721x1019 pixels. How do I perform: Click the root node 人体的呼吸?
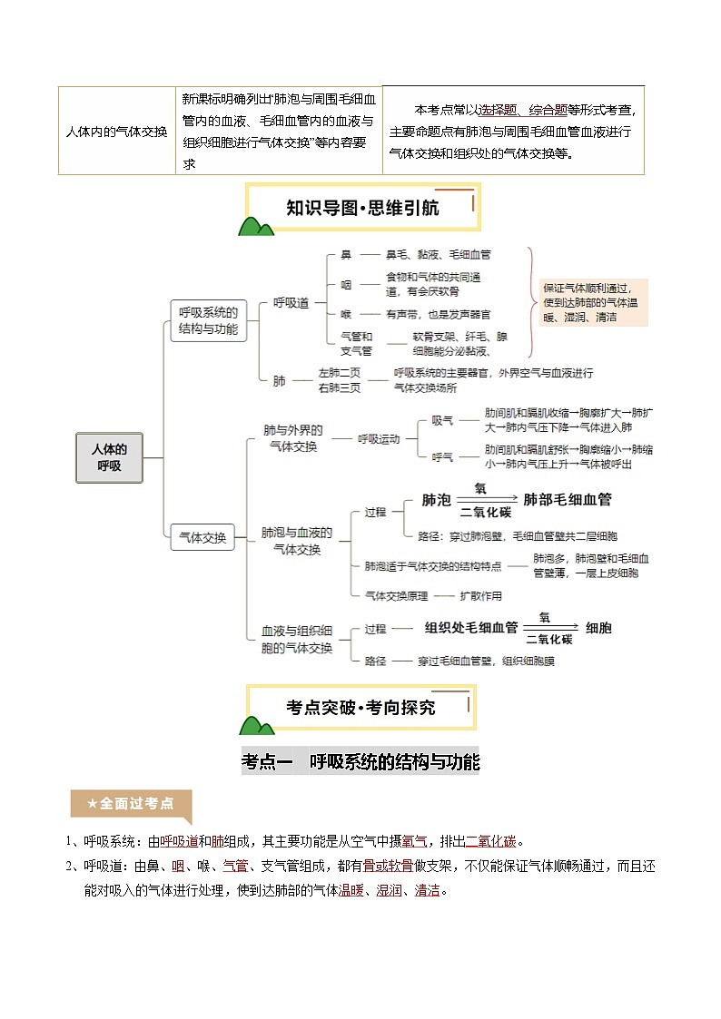(108, 456)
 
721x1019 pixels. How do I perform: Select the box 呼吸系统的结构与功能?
(208, 321)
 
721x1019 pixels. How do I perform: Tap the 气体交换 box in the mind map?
(202, 536)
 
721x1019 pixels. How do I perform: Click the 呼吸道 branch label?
(291, 303)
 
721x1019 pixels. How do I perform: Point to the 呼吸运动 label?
(378, 439)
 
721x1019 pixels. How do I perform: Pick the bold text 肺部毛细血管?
(568, 499)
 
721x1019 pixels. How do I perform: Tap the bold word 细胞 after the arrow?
(598, 627)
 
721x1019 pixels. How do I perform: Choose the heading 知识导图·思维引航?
(362, 208)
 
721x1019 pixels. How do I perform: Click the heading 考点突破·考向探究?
(361, 707)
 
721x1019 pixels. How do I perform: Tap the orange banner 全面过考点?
(130, 803)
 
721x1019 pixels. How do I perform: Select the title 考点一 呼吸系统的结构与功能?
(360, 761)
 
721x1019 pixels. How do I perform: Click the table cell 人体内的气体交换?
(116, 132)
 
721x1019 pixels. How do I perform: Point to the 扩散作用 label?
(480, 596)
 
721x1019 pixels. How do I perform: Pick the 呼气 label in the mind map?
(442, 456)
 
